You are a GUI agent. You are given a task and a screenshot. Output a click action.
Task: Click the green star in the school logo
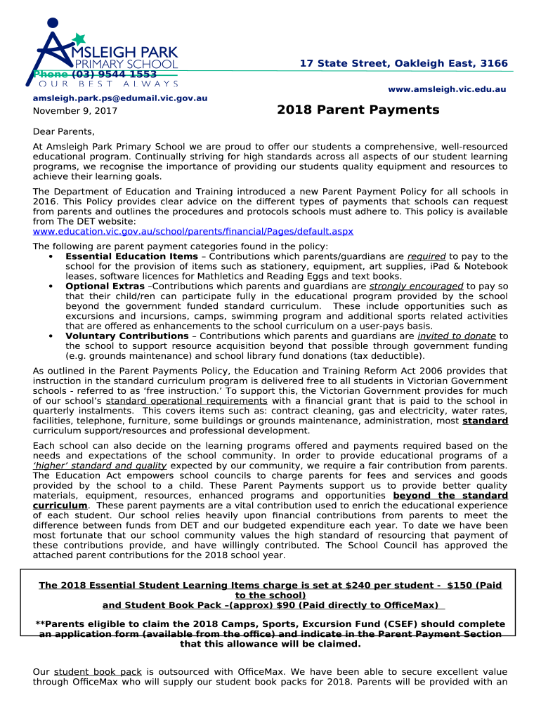[x=79, y=39]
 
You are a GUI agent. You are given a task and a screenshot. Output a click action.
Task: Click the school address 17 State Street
[x=403, y=64]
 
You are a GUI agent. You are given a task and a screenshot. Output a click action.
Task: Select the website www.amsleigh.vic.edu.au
[x=447, y=89]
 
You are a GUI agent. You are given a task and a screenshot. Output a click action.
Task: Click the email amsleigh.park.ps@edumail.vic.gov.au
[x=120, y=98]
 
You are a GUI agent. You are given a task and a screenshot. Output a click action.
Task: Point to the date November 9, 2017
[x=75, y=111]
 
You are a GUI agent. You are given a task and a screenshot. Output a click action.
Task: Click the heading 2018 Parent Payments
[x=358, y=110]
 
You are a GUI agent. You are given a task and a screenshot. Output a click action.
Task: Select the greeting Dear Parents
[x=63, y=132]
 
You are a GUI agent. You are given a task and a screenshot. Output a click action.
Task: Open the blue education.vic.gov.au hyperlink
[x=193, y=232]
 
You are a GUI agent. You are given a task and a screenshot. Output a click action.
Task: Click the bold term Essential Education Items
[x=131, y=257]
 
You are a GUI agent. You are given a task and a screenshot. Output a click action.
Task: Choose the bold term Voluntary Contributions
[x=126, y=336]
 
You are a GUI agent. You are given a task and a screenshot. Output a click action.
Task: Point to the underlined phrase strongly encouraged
[x=416, y=286]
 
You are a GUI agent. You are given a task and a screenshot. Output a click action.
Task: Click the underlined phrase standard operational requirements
[x=186, y=401]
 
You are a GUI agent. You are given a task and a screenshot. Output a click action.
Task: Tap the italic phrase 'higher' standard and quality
[x=100, y=466]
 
